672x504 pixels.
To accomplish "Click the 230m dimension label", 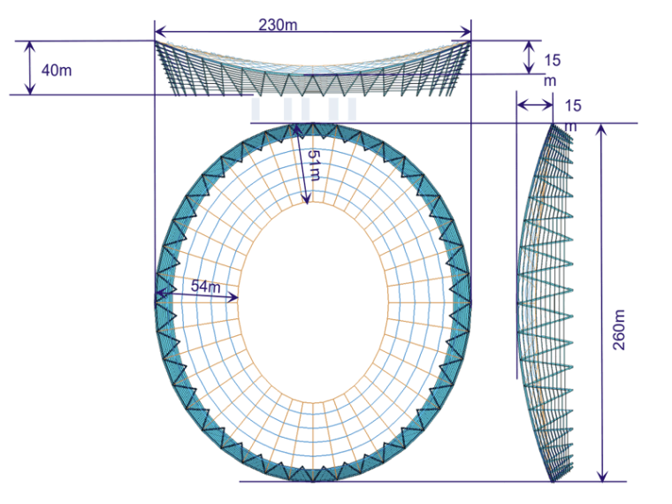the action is (278, 25).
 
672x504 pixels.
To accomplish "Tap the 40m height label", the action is (56, 70).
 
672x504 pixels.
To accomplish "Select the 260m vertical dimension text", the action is (619, 330).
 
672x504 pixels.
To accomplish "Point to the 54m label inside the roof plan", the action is (206, 286).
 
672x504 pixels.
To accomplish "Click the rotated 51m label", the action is (315, 165).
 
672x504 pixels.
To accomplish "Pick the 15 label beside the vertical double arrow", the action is (553, 60).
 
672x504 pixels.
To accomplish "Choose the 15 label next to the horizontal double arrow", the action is (573, 106).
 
